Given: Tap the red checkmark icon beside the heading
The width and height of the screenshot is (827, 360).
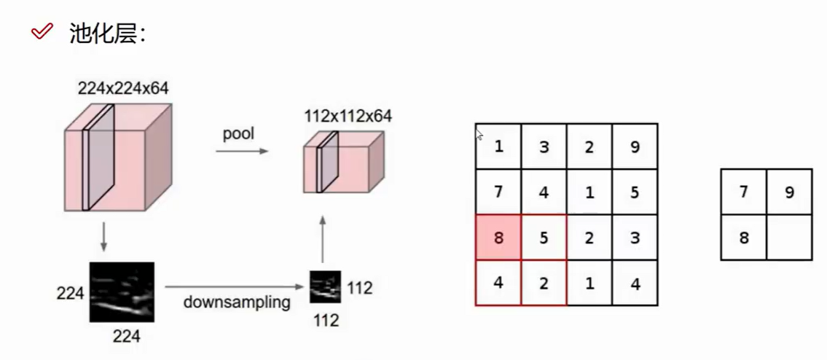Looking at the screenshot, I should click(x=42, y=31).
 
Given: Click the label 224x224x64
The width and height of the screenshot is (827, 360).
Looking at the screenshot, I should click(x=123, y=89).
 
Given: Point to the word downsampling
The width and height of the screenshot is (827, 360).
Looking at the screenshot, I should click(x=238, y=302).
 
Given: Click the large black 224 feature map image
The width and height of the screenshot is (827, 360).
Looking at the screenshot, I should click(x=122, y=292).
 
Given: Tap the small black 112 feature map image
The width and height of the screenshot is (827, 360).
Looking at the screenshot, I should click(x=325, y=287).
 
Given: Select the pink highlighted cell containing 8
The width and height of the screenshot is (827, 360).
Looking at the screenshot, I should click(x=498, y=237).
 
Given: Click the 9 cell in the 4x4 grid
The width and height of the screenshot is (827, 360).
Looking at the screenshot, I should click(x=635, y=146).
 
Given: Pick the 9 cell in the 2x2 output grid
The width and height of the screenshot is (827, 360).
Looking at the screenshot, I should click(x=789, y=192).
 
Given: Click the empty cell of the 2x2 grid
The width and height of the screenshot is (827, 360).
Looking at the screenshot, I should click(x=789, y=238).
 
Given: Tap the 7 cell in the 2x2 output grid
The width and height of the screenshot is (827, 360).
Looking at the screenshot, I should click(x=744, y=192).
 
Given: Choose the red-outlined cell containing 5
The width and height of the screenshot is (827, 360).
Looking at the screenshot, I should click(x=544, y=237).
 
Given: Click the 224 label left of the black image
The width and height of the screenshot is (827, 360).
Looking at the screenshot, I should click(x=70, y=294).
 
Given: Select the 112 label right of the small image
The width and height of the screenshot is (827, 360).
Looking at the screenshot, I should click(x=359, y=288).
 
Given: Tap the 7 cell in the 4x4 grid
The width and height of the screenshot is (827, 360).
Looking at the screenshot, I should click(x=498, y=192).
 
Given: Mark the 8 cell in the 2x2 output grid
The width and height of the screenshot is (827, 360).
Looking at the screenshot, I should click(x=744, y=238).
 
